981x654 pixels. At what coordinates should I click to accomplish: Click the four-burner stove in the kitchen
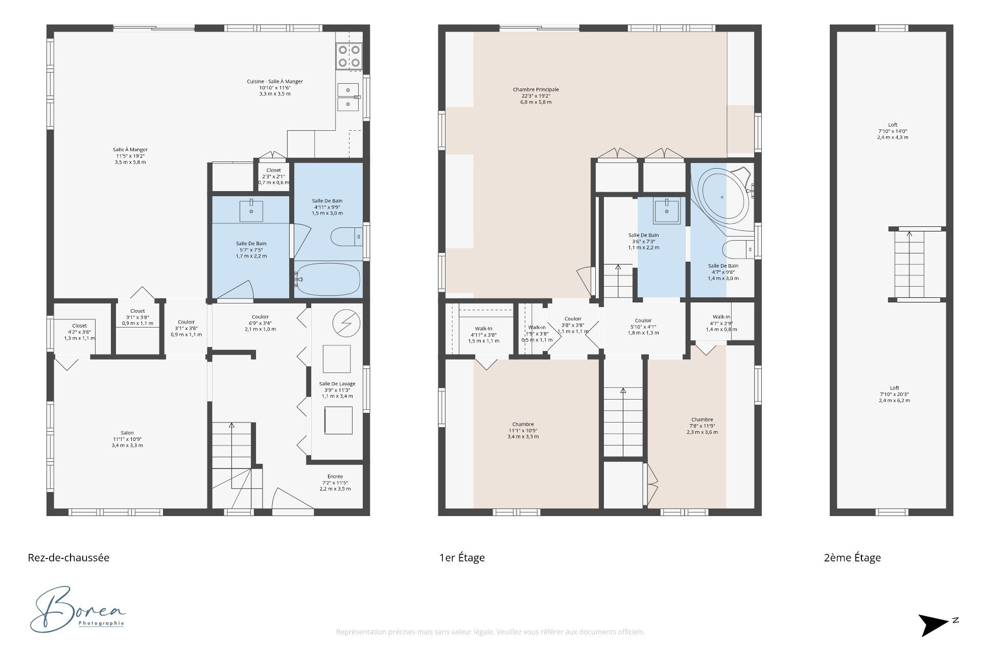[349, 56]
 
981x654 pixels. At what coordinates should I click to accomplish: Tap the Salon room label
[127, 439]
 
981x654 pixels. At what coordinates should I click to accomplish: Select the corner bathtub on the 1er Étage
[722, 197]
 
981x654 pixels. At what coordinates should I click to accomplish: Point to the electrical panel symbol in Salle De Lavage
[346, 323]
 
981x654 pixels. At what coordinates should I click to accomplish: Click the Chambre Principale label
[535, 96]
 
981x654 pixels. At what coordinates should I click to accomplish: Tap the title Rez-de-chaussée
[68, 557]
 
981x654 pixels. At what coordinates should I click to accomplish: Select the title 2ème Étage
[852, 557]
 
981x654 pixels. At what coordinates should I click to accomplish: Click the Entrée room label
[335, 482]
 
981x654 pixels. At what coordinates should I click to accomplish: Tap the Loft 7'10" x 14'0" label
[893, 131]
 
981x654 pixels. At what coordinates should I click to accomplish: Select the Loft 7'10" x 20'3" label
[894, 394]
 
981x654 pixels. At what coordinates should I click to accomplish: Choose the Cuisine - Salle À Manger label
[275, 87]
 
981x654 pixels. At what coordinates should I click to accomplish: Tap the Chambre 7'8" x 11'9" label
[702, 426]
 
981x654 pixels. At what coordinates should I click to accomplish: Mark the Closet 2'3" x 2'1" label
[273, 176]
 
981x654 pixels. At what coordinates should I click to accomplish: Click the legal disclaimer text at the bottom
[490, 632]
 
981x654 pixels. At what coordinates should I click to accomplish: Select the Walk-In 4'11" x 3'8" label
[483, 335]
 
